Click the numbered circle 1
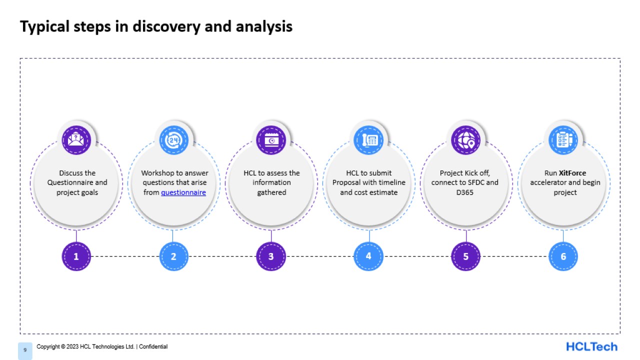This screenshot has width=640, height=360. (x=76, y=256)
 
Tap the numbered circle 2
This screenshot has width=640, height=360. (x=173, y=256)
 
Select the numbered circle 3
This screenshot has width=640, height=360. (x=271, y=256)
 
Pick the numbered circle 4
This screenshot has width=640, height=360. (x=368, y=256)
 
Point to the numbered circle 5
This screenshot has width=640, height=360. (x=465, y=256)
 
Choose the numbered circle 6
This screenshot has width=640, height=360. (x=563, y=256)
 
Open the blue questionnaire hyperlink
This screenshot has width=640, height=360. (x=183, y=192)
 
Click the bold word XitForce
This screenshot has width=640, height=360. (x=572, y=173)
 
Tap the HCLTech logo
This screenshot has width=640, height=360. (x=591, y=346)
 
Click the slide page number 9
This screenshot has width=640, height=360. (x=25, y=350)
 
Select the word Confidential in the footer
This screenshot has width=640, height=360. (x=153, y=346)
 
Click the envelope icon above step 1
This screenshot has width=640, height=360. (x=76, y=140)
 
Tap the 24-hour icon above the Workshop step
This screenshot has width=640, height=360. (x=173, y=140)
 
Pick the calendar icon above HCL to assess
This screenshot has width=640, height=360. (x=271, y=140)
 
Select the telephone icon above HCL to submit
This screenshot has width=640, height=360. (x=368, y=140)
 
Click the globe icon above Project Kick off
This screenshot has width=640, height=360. (x=465, y=140)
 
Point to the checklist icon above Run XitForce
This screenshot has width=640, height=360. (x=563, y=140)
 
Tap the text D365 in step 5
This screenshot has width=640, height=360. (x=465, y=192)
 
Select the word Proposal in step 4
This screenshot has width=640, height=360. (x=348, y=183)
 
